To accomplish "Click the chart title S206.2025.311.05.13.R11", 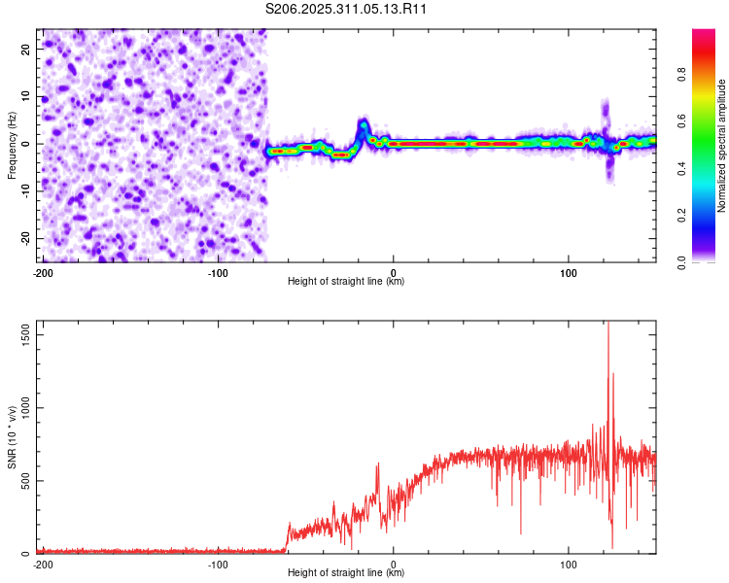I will [x=346, y=9].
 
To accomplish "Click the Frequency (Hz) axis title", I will [x=12, y=145].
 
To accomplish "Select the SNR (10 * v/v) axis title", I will [x=12, y=438].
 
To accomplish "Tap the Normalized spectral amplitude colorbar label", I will [x=721, y=146].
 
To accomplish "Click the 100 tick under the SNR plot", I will [x=569, y=564].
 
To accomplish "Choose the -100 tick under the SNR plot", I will [x=218, y=564].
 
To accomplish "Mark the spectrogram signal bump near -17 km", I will [x=364, y=126].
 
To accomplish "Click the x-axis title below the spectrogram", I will [x=346, y=282].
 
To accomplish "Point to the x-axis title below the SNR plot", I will [x=346, y=572].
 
